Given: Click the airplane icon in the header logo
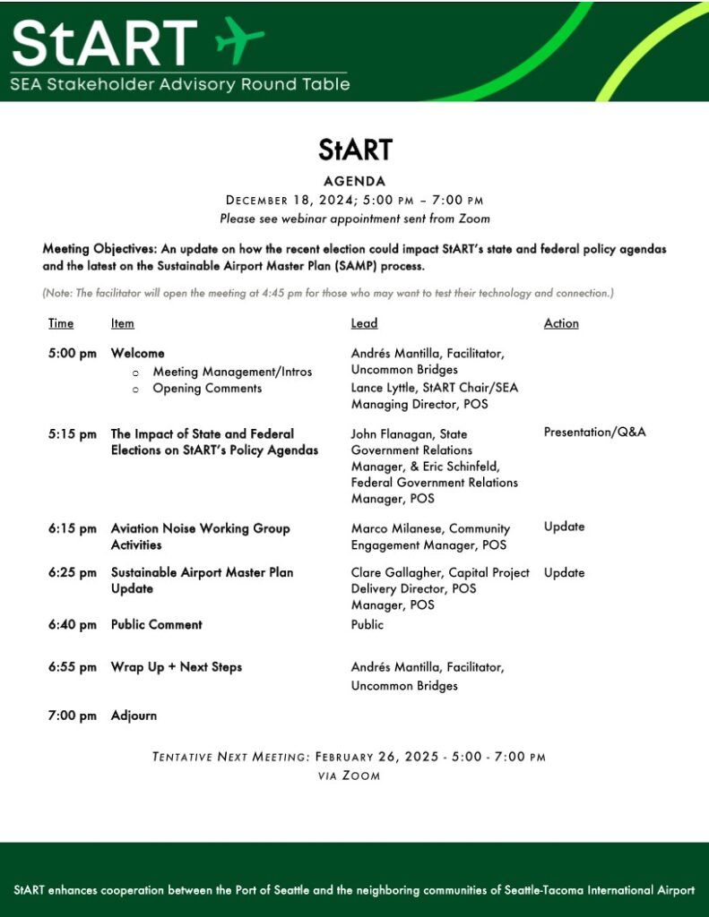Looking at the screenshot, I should (x=240, y=40).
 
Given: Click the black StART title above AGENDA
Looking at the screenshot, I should (x=355, y=150).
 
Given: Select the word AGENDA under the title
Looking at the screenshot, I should (x=355, y=181).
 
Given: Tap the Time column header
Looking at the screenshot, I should (x=61, y=323).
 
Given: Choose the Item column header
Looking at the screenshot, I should (x=123, y=323).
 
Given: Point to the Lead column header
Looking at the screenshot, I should (x=364, y=323).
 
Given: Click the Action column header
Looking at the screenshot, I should (x=561, y=323).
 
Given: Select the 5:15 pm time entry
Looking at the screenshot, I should (x=73, y=434).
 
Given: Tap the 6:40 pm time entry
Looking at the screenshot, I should (x=73, y=625).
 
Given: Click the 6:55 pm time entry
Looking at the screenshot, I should (x=73, y=667).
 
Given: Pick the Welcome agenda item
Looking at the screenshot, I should (x=137, y=354).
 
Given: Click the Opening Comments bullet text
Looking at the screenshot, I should (x=207, y=389).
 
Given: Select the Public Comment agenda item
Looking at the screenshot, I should (x=157, y=625).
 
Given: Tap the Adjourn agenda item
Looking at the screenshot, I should (x=134, y=716).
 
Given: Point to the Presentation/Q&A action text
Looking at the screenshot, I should (x=594, y=433).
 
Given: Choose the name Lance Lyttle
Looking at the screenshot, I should (x=383, y=388).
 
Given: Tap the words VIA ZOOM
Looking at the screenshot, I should (x=349, y=776).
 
